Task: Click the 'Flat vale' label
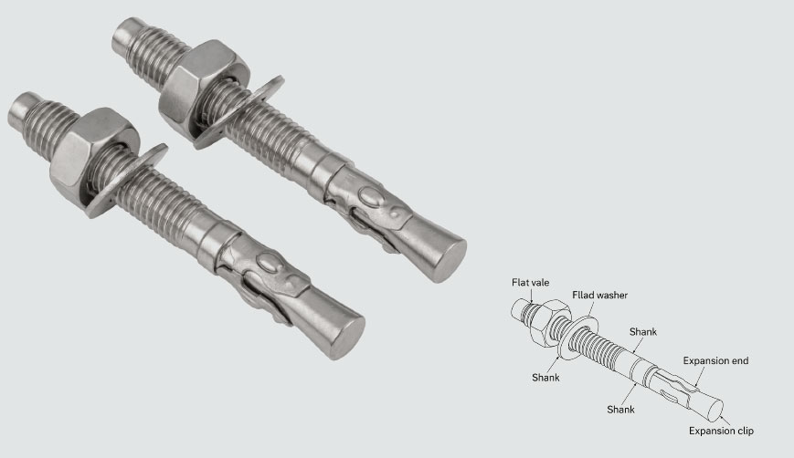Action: point(530,283)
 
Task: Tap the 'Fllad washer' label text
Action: point(599,296)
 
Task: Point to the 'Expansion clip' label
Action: point(721,431)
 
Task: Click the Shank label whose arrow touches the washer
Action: point(545,378)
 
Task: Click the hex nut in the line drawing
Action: point(548,323)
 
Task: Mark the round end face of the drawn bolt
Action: point(715,411)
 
